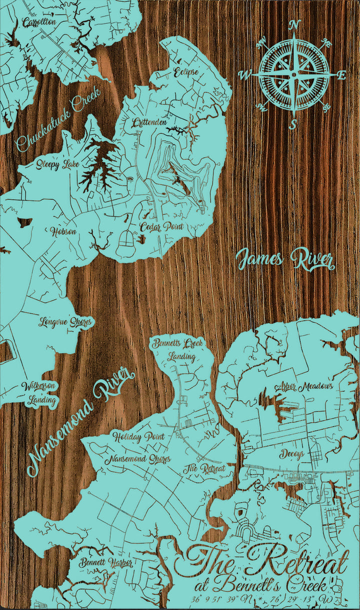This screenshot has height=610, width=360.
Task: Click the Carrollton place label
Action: pos(39,22)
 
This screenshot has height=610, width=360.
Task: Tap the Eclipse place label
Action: pos(186,72)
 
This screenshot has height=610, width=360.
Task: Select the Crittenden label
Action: pos(149,122)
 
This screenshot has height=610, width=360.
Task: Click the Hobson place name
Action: pos(63,231)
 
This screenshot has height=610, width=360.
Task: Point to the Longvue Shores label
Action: pos(65,321)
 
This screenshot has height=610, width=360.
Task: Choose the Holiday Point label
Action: pos(138,436)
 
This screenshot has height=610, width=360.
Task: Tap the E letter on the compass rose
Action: pos(341,75)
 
